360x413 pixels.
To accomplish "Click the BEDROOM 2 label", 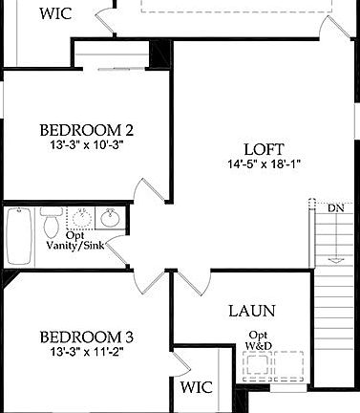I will [x=85, y=131].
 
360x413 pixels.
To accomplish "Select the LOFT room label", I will [x=263, y=149].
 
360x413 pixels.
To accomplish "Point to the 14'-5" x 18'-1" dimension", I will [x=263, y=164].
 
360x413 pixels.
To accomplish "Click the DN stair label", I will [x=335, y=207].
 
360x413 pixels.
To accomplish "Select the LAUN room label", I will [x=252, y=311].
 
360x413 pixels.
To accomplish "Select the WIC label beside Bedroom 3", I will [x=197, y=388].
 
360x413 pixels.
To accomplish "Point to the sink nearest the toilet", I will [x=78, y=216].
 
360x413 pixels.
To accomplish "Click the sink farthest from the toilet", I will [x=112, y=216].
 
